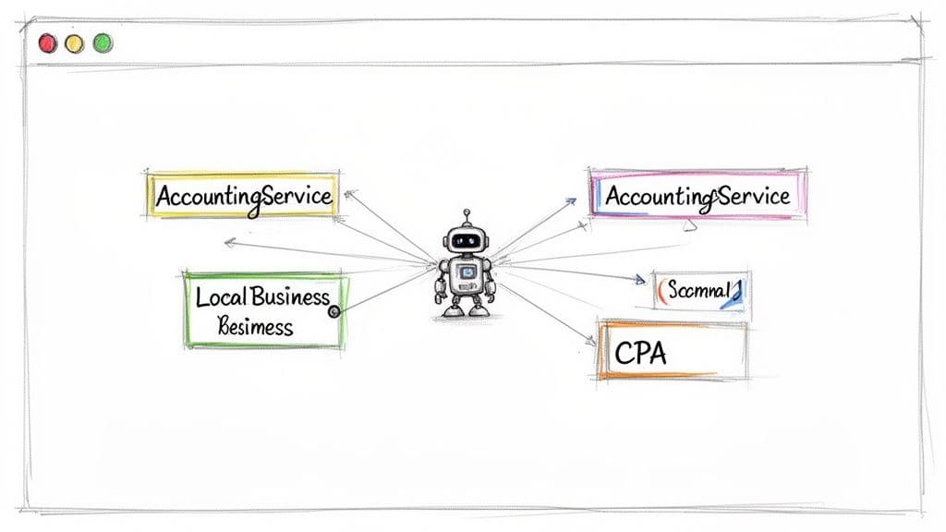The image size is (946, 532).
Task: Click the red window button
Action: click(x=47, y=42)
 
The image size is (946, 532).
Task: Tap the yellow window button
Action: click(x=75, y=42)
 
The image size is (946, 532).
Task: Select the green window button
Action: click(x=103, y=42)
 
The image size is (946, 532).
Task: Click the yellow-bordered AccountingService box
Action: click(x=243, y=195)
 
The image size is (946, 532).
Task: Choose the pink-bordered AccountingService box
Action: click(x=697, y=195)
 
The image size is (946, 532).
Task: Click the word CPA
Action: click(x=639, y=353)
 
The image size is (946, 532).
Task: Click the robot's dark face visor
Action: click(x=467, y=240)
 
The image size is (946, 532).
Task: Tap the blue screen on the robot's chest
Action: click(x=467, y=272)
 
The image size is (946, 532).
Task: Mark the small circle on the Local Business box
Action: click(x=334, y=312)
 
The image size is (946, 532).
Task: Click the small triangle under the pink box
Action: click(x=686, y=224)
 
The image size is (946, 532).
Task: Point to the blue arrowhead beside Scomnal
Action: click(x=638, y=279)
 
